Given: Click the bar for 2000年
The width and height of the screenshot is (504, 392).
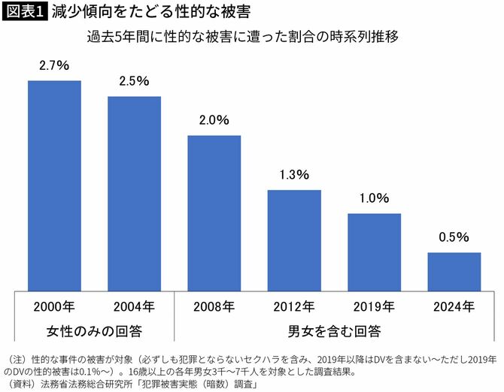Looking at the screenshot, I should [54, 185].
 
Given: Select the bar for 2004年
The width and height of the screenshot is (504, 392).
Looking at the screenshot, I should [134, 193].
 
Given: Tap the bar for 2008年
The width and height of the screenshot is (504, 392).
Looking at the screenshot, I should [214, 213].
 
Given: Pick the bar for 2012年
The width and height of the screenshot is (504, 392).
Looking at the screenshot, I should [294, 240].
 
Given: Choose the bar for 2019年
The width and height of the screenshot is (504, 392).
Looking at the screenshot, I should [374, 252].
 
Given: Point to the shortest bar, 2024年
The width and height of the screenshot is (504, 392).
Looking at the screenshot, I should [454, 271].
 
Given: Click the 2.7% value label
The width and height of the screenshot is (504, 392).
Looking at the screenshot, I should [54, 67].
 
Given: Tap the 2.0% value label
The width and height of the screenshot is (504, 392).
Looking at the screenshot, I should [214, 120].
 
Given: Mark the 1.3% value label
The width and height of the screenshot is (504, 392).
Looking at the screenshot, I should [294, 175].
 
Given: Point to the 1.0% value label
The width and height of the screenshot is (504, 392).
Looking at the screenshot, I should [374, 199].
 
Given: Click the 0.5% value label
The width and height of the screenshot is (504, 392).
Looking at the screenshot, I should [454, 237].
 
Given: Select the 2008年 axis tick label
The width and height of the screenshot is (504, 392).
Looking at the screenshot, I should [214, 306].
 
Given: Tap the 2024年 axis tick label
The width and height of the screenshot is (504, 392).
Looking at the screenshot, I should [454, 306].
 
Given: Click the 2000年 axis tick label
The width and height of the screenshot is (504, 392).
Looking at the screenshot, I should [54, 306].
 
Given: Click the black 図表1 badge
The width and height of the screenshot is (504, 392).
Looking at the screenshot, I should [24, 14].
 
